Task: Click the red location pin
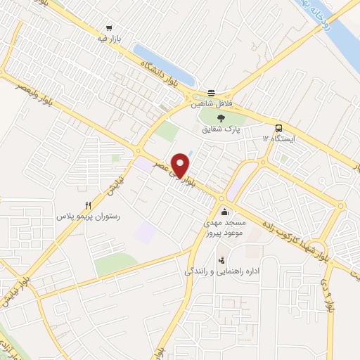[181, 163]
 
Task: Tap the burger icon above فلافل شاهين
[211, 93]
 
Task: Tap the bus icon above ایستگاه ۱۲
[279, 128]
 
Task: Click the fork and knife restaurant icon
[88, 205]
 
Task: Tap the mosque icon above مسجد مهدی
[224, 212]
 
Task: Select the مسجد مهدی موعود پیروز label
[217, 227]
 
